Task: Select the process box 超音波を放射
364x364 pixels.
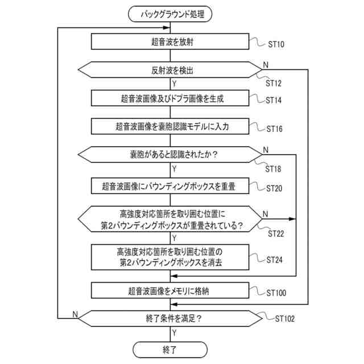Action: pyautogui.click(x=171, y=42)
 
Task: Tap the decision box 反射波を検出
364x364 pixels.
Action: pyautogui.click(x=171, y=71)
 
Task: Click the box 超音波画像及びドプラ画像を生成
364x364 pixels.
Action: pyautogui.click(x=171, y=98)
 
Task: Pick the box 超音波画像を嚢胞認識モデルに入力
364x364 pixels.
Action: pyautogui.click(x=171, y=126)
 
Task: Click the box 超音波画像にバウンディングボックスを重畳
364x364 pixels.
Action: pyautogui.click(x=171, y=185)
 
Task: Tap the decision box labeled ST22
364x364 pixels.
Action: pyautogui.click(x=171, y=219)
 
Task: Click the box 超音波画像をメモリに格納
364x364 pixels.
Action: pyautogui.click(x=171, y=291)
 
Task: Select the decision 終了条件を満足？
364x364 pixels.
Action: pyautogui.click(x=171, y=318)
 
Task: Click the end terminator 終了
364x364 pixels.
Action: pyautogui.click(x=171, y=348)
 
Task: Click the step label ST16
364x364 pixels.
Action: pyautogui.click(x=278, y=129)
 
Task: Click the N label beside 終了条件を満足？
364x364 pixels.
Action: pyautogui.click(x=75, y=314)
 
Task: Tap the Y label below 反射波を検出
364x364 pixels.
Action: pyautogui.click(x=173, y=84)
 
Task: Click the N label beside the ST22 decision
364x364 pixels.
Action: pyautogui.click(x=266, y=214)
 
